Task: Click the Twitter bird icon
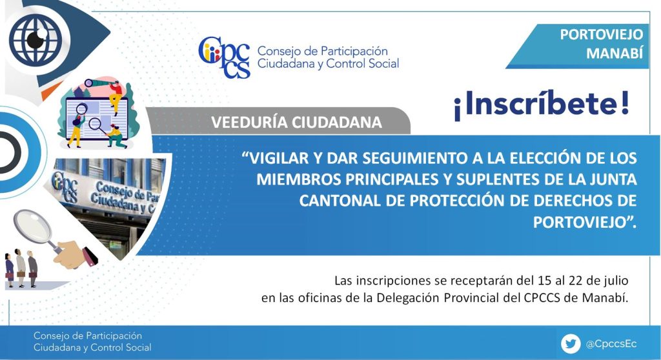pos(571,344)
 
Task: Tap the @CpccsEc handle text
pos(611,344)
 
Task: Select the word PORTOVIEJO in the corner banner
pos(601,35)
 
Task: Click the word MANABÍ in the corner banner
pos(615,53)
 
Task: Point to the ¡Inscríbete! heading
pos(542,104)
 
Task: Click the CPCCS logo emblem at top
pos(224,57)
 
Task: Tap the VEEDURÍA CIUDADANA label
pos(296,122)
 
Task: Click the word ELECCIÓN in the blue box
pos(545,158)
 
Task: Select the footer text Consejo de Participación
pos(88,336)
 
